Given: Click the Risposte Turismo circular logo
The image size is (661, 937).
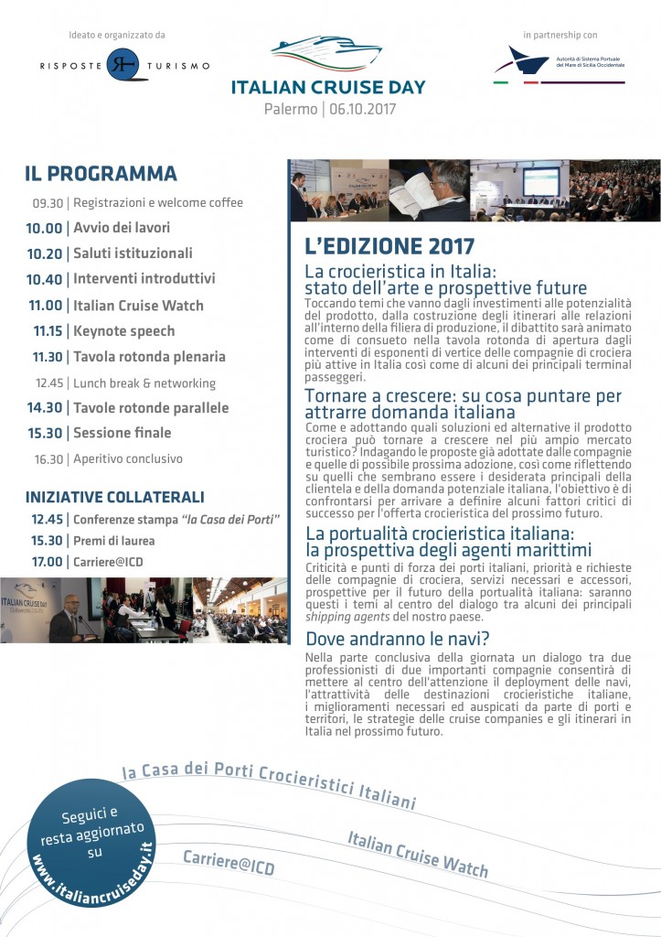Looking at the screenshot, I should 122,65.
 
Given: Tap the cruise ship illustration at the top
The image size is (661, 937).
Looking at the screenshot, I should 326,54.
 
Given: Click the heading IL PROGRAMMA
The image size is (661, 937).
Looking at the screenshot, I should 101,174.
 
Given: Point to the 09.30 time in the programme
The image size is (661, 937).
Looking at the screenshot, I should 48,203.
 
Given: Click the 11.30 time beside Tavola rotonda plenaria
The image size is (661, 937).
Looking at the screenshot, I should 48,357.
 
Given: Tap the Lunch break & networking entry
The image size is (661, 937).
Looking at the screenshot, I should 144,382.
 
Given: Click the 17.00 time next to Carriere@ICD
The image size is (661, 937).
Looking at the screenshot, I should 47,561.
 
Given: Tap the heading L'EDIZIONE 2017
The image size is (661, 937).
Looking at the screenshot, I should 389,246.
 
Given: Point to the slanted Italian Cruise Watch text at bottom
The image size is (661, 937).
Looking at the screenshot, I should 418,854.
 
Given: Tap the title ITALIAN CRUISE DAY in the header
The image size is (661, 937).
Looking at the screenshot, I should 327,88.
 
